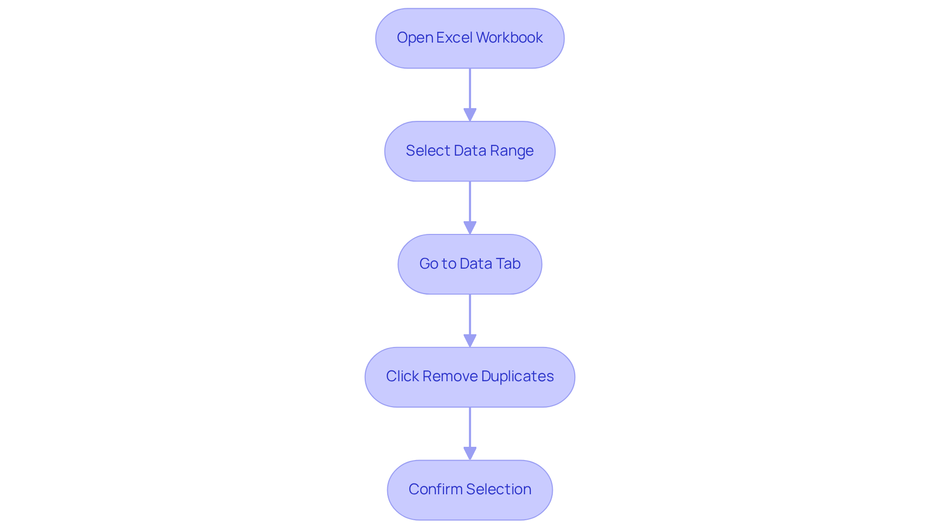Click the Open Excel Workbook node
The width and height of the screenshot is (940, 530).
(470, 38)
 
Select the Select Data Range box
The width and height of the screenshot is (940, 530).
(470, 151)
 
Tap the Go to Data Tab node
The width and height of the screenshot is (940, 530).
(470, 264)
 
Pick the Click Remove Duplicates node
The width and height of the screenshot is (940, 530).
(470, 377)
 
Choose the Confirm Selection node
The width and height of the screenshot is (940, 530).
(470, 490)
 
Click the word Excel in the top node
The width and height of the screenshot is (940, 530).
(454, 38)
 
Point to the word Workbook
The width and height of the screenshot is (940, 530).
(509, 38)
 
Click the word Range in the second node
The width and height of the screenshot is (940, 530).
(512, 151)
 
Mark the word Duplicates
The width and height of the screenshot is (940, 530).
(517, 376)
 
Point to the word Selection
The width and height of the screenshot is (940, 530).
(498, 489)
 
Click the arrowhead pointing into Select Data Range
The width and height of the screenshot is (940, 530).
(470, 115)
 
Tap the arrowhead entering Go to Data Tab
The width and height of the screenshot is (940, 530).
(470, 228)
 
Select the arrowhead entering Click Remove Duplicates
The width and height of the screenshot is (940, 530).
(470, 341)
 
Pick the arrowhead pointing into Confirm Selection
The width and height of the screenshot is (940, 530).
(470, 454)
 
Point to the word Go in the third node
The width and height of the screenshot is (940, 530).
(428, 264)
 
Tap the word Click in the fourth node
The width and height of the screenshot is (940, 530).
(402, 376)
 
